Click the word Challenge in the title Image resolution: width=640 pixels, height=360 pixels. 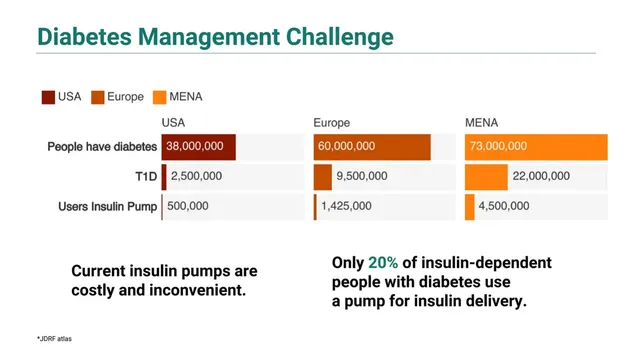340,37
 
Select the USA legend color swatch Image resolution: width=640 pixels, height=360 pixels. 48,98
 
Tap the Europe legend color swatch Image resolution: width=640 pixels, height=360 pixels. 98,98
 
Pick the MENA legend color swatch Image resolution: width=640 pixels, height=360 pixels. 160,98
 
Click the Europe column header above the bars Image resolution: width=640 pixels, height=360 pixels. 331,123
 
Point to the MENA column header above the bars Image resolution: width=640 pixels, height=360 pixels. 482,123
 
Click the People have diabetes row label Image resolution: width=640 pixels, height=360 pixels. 102,147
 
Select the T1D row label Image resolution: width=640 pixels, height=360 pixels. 146,177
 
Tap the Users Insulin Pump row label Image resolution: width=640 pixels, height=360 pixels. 108,207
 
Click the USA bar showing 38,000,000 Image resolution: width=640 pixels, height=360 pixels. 198,147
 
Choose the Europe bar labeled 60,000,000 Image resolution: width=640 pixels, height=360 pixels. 372,147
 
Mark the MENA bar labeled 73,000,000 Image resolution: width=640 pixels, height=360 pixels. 536,147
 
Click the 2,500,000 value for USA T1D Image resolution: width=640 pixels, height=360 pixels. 196,176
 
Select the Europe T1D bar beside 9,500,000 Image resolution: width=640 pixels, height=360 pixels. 322,177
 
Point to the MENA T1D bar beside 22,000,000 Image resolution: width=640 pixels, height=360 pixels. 486,177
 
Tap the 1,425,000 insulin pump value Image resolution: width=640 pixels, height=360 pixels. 346,206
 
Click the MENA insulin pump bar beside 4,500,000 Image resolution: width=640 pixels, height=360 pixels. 470,207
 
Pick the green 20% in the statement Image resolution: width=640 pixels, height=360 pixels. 383,263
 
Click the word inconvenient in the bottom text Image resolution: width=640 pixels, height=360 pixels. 198,290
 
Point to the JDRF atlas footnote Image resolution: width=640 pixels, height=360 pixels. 54,339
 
